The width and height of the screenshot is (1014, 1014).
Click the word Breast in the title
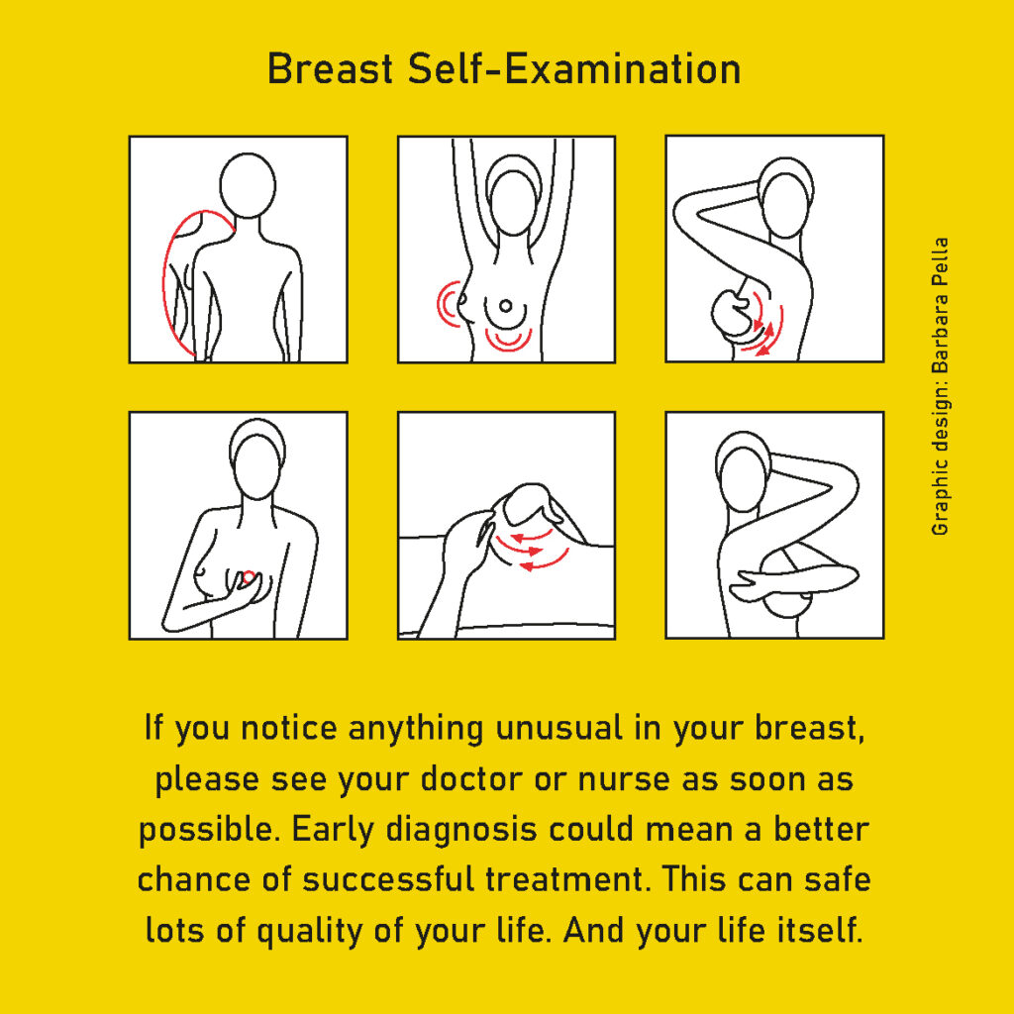click(331, 68)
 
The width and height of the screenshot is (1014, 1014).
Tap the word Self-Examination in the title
click(575, 68)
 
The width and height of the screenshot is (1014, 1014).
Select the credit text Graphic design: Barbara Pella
click(940, 387)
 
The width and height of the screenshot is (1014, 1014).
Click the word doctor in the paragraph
click(471, 778)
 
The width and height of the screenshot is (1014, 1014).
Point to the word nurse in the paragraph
click(624, 779)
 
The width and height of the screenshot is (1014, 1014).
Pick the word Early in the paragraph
click(333, 830)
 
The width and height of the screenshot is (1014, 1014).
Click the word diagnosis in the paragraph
click(461, 830)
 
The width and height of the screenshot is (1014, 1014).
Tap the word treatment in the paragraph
click(567, 880)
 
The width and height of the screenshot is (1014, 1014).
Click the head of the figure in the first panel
click(248, 185)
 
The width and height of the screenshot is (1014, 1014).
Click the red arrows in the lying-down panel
click(532, 551)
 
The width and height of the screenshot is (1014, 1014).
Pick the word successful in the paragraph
click(388, 880)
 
